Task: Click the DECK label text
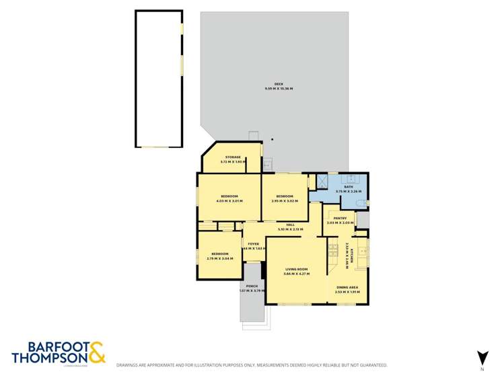[268, 84]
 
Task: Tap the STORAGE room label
[233, 157]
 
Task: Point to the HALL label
[291, 225]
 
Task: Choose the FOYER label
[254, 243]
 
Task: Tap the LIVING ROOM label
[295, 269]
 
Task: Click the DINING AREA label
[348, 287]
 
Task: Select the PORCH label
[252, 286]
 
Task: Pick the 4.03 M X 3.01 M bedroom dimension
[229, 200]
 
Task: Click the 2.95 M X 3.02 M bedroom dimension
[284, 200]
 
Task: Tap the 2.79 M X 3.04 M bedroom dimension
[219, 258]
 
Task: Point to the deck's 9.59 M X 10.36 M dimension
[279, 89]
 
